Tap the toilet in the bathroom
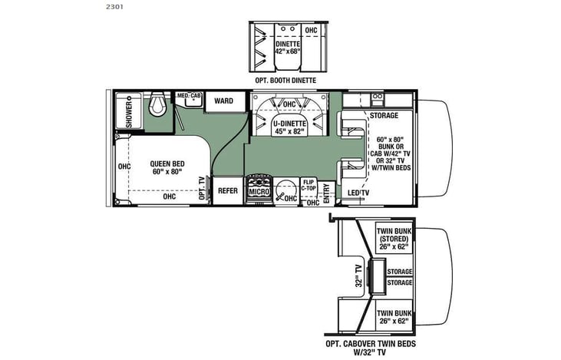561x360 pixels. (158, 104)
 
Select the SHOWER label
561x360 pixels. (129, 112)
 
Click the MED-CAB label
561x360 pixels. (189, 96)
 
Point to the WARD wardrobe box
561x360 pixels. (223, 101)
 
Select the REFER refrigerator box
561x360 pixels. (227, 191)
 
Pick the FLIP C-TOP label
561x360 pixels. (309, 184)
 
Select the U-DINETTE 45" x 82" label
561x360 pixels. (289, 127)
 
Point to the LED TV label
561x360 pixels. (358, 193)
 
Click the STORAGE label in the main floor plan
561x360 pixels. (384, 117)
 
